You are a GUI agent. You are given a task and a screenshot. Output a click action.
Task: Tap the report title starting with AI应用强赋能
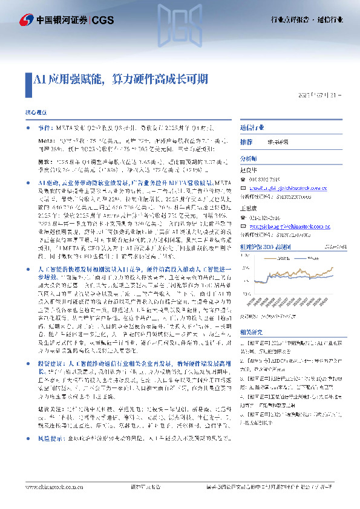point(121,79)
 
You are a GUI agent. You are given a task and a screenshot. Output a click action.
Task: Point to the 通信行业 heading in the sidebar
point(252,128)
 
